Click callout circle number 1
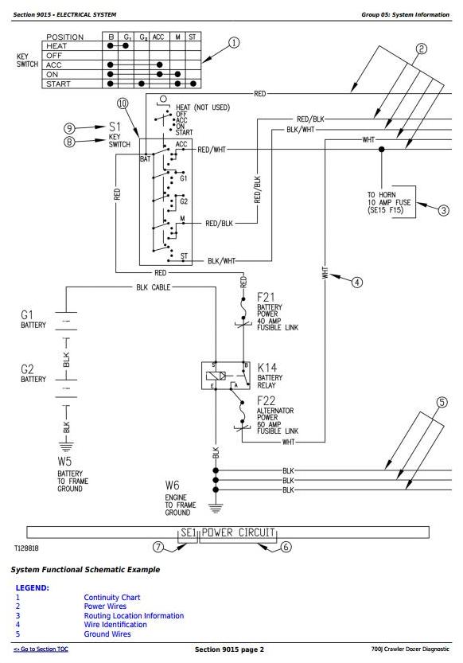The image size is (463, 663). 234,43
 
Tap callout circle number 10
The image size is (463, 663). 123,103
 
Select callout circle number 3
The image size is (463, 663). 443,210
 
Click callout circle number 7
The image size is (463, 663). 158,547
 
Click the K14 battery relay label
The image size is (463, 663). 270,375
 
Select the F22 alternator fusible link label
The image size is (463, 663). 278,415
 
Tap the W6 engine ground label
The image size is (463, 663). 181,497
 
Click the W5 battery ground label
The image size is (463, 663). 72,474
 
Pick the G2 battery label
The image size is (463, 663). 33,373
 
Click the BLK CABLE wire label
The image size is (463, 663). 154,287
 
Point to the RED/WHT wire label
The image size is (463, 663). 212,150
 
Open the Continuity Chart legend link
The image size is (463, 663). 112,598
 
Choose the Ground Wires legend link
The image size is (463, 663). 107,634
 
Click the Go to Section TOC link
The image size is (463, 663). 41,649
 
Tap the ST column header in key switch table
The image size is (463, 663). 193,37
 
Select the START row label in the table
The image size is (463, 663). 58,84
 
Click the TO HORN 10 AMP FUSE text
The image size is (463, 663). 389,202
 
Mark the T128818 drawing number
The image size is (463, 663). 26,548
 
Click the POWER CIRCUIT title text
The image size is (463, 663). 238,532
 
